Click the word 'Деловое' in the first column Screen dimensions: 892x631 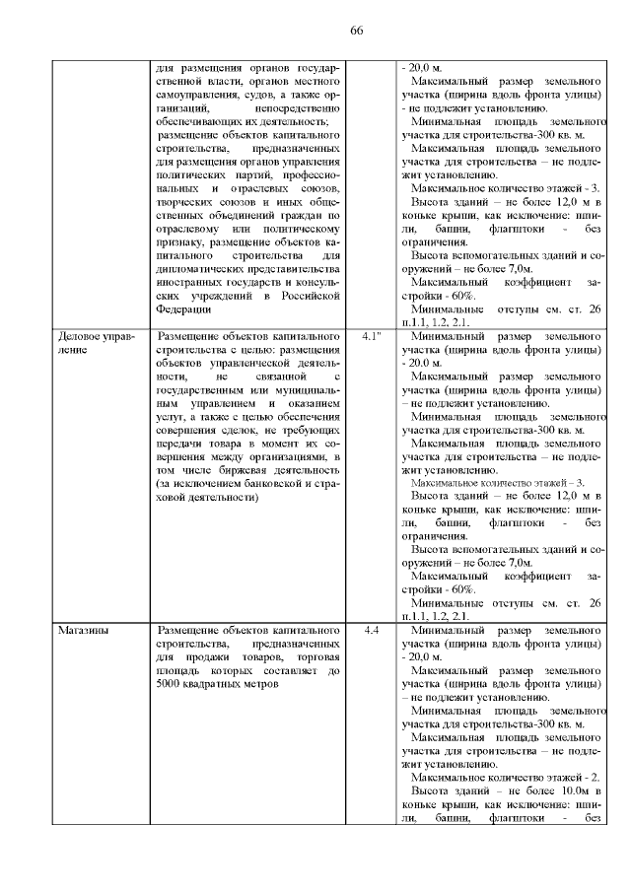tap(78, 336)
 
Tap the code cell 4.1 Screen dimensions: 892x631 tap(372, 336)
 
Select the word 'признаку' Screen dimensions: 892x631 tap(180, 240)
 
